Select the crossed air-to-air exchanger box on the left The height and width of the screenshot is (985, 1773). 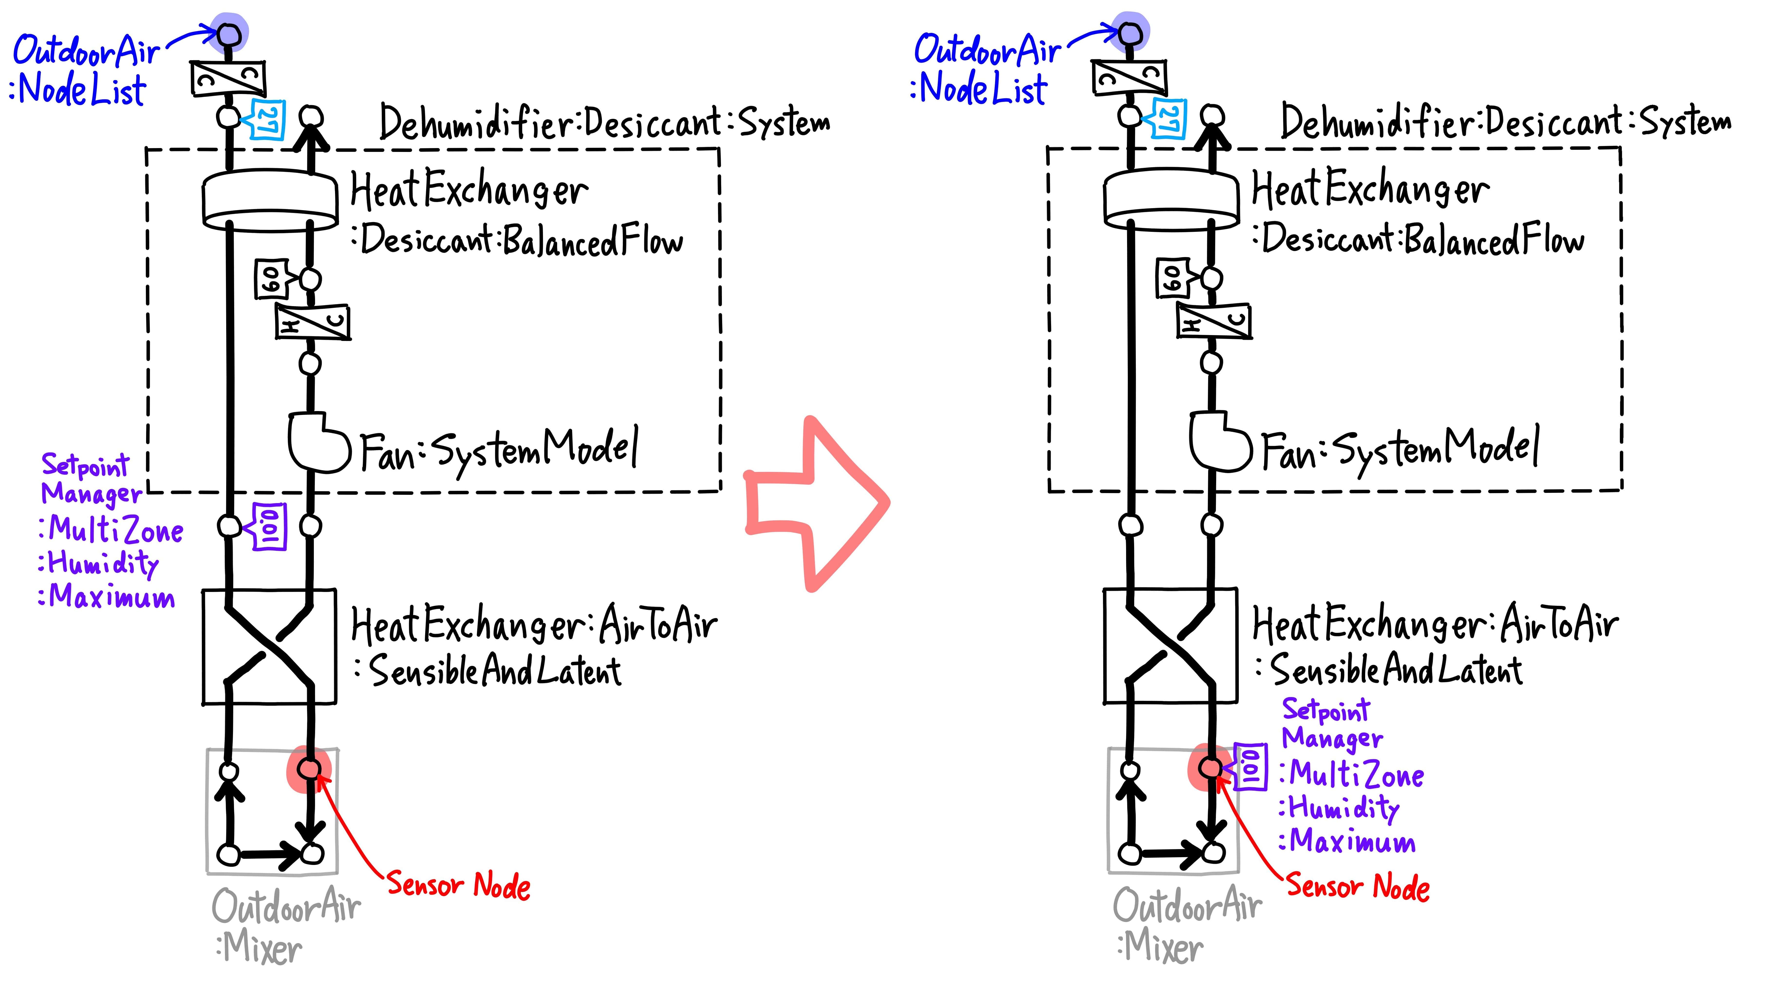(x=269, y=647)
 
